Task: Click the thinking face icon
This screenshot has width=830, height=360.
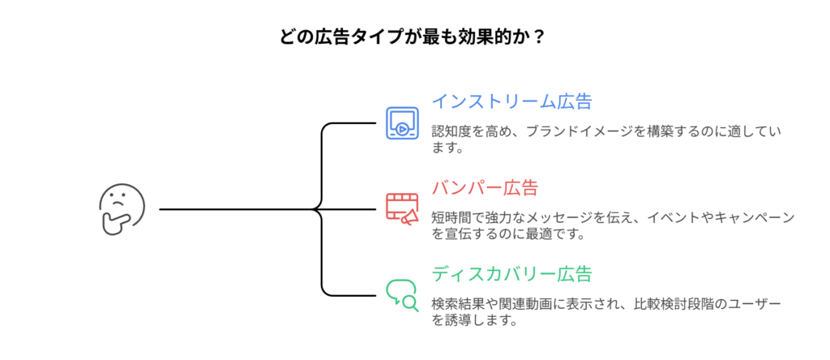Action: tap(122, 208)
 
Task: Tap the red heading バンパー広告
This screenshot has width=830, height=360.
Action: tap(485, 188)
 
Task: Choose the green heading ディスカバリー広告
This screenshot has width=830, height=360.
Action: tap(511, 273)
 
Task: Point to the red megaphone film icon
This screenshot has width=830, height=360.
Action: tap(402, 208)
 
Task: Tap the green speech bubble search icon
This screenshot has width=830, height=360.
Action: tap(402, 294)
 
